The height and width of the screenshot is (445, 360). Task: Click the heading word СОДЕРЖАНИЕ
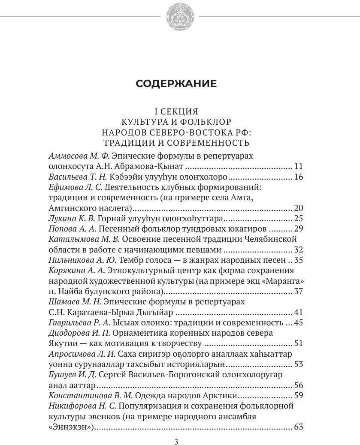point(176,84)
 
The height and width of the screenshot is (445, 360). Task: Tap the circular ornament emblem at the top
point(180,17)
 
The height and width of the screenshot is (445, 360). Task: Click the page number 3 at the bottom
point(176,442)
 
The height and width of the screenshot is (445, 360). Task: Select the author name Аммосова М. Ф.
point(79,156)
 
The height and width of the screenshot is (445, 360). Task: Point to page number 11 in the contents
point(299,166)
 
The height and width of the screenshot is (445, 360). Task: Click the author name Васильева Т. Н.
point(78,177)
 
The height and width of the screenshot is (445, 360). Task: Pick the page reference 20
point(299,208)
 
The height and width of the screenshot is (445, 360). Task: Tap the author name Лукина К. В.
point(71,218)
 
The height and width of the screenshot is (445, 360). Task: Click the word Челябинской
point(270,239)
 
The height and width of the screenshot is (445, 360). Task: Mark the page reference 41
point(299,312)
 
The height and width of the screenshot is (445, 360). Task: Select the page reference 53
point(299,364)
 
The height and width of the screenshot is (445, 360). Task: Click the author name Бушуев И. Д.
point(72,375)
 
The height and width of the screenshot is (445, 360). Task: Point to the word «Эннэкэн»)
point(71,427)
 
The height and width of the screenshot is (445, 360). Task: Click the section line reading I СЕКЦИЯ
point(176,111)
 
